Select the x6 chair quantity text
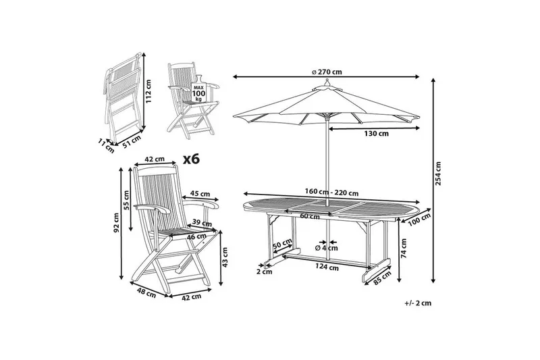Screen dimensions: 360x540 [192, 159]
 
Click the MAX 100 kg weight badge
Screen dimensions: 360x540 [198, 91]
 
